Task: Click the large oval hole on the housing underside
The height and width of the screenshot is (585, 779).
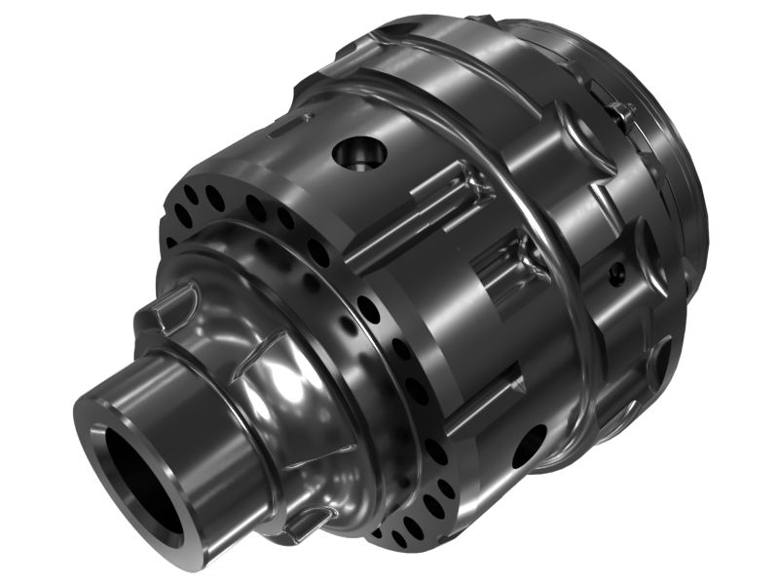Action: click(x=529, y=445)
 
